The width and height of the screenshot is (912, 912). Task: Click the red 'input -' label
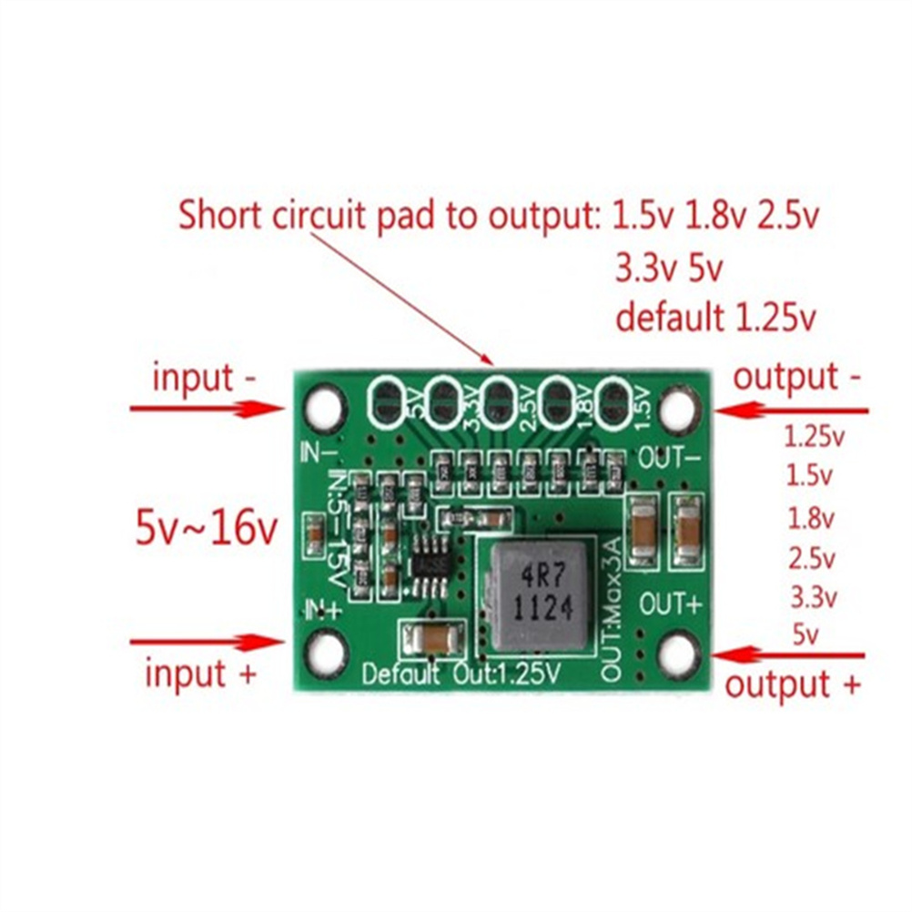pyautogui.click(x=204, y=377)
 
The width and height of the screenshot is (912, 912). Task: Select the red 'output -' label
pyautogui.click(x=797, y=376)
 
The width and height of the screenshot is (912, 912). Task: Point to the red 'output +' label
pyautogui.click(x=791, y=684)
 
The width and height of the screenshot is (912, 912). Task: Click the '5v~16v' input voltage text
pyautogui.click(x=207, y=528)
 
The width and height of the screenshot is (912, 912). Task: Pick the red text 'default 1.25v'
pyautogui.click(x=714, y=318)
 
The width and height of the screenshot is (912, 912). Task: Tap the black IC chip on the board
pyautogui.click(x=428, y=557)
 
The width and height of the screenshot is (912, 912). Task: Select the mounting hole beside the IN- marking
pyautogui.click(x=325, y=407)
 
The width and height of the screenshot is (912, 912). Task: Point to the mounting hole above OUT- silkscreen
pyautogui.click(x=678, y=409)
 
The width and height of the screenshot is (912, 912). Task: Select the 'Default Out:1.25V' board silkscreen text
pyautogui.click(x=461, y=674)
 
